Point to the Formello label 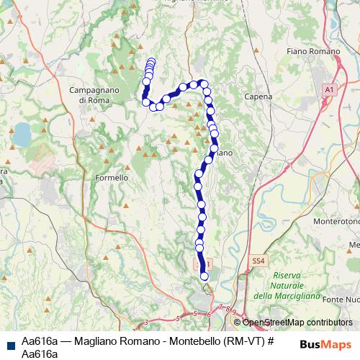[112, 177]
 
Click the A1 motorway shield [329, 88]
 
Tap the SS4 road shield [258, 260]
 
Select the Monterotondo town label [336, 222]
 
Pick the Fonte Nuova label [341, 299]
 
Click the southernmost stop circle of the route [204, 276]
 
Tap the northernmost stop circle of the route [151, 61]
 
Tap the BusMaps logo [325, 343]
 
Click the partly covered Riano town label [222, 153]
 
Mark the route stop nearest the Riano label [214, 148]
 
